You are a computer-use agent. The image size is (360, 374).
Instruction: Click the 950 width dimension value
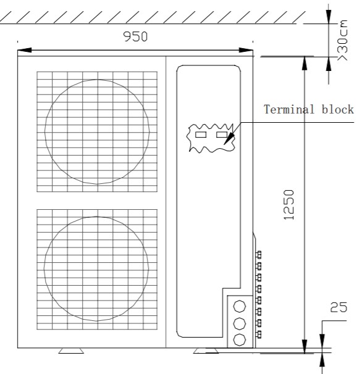(135, 36)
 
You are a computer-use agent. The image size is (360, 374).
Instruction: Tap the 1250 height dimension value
(289, 205)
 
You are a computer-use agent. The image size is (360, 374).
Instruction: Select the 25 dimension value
(338, 307)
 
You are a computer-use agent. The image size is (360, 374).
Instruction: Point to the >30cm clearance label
(343, 40)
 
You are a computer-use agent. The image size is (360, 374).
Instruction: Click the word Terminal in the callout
(289, 109)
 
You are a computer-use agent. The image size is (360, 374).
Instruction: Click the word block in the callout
(338, 109)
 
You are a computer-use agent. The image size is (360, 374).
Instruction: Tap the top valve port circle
(240, 306)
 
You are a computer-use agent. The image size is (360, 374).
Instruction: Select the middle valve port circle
(240, 323)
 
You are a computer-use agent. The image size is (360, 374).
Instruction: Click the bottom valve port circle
(240, 339)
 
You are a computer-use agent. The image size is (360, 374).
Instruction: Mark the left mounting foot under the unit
(71, 351)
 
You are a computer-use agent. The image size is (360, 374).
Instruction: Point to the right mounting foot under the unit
(206, 351)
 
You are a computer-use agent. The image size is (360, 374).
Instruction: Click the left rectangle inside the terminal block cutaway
(201, 135)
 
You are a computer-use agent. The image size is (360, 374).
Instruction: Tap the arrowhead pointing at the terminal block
(228, 139)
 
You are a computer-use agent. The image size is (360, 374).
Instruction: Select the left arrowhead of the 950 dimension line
(24, 50)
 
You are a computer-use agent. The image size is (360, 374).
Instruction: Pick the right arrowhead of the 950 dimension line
(246, 50)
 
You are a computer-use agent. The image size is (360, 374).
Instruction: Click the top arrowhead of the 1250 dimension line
(304, 64)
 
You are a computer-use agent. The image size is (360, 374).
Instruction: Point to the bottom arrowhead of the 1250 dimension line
(304, 346)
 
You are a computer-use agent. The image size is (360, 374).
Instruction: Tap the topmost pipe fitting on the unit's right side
(259, 255)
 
